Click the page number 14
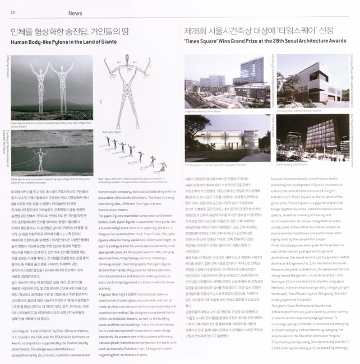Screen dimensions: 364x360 point(12,11)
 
